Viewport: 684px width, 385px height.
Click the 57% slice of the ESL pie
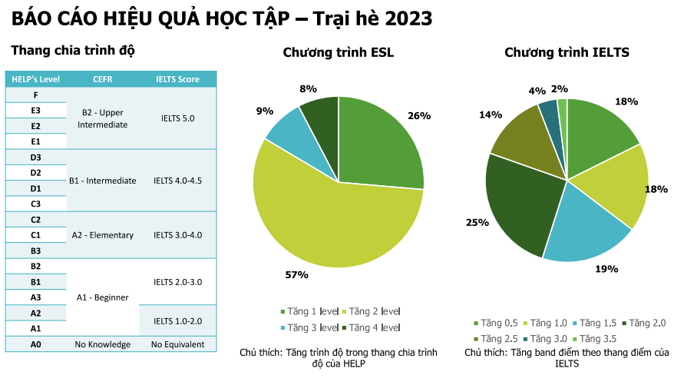click(322, 215)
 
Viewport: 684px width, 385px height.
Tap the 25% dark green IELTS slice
click(518, 204)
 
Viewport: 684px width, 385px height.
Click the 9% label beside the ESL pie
click(265, 111)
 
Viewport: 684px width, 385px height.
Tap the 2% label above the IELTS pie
click(560, 88)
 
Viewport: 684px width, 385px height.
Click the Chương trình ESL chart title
click(338, 53)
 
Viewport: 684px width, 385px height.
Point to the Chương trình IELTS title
click(567, 53)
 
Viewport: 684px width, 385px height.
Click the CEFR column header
click(103, 79)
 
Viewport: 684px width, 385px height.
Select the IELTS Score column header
click(177, 79)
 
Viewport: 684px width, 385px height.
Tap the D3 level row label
click(36, 157)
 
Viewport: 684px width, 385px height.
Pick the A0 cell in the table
click(36, 344)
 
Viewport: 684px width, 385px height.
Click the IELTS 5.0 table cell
click(177, 118)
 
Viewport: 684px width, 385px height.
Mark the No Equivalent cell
click(177, 344)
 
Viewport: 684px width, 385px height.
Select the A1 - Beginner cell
click(103, 297)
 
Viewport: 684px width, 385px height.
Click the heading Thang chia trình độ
click(73, 51)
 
